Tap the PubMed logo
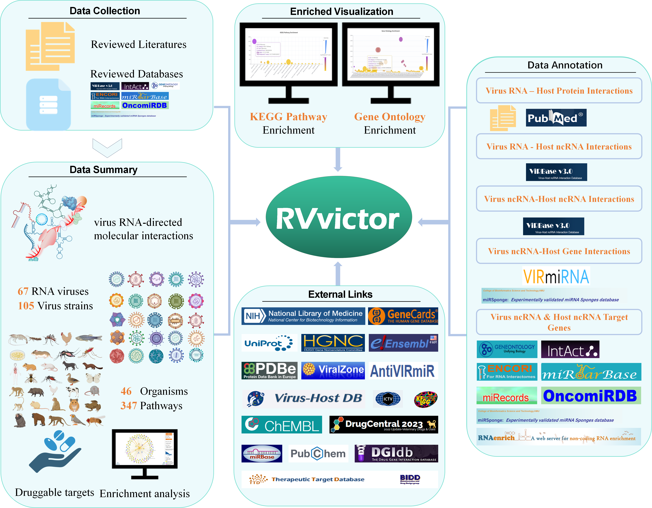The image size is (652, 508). coord(556,118)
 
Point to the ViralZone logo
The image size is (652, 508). coord(333,370)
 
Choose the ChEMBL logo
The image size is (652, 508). coord(282,424)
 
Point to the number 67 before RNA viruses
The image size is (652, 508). coord(23,291)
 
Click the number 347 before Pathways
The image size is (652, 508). coord(129,406)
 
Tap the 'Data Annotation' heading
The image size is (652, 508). coord(565,65)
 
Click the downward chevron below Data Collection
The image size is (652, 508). coord(107,147)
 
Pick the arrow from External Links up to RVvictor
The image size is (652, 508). coord(338,273)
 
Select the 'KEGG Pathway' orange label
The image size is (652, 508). coord(288,117)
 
